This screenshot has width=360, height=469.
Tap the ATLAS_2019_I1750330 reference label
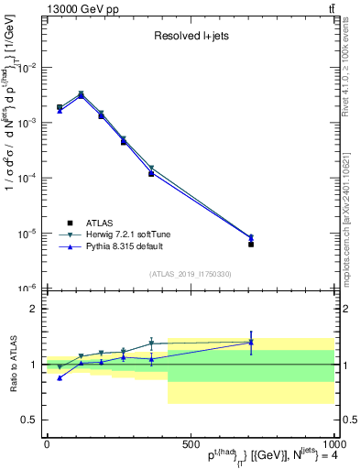[190, 274]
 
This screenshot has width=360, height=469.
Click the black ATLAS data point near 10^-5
[251, 244]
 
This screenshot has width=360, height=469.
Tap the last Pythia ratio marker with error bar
[251, 343]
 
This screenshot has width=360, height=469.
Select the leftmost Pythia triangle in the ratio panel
[60, 377]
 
